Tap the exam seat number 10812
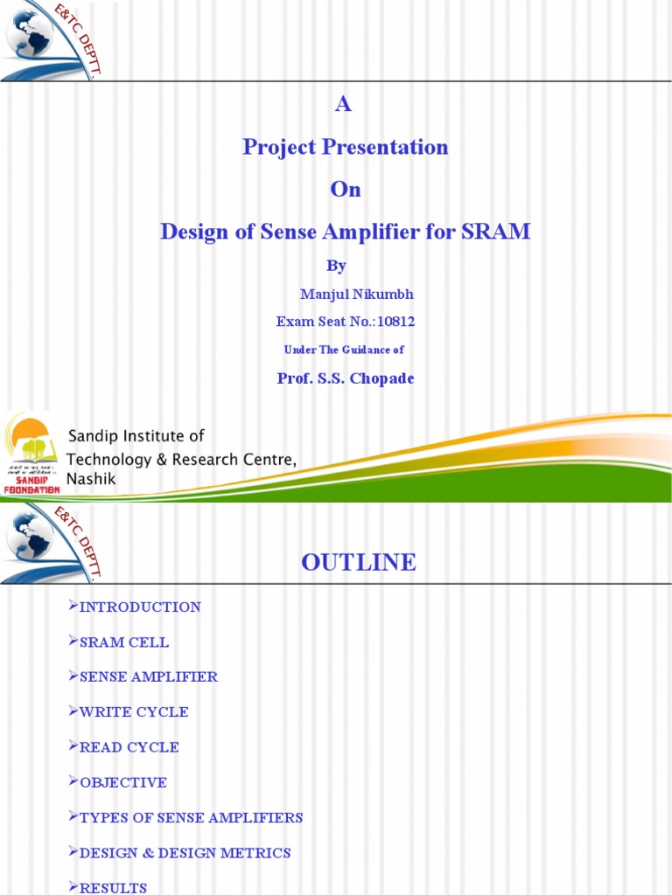click(x=396, y=322)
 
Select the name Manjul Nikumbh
click(x=356, y=295)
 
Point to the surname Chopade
click(x=381, y=378)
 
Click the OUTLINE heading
click(x=359, y=563)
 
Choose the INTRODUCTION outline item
click(x=140, y=607)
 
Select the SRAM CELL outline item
click(x=124, y=642)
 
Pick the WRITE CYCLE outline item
click(x=134, y=712)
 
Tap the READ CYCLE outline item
click(x=129, y=747)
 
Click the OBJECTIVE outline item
click(x=123, y=782)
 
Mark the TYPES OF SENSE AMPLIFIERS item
click(x=191, y=818)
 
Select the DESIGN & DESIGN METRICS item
click(x=185, y=853)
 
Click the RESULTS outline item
click(x=113, y=888)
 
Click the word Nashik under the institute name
click(x=91, y=479)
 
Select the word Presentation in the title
click(x=385, y=147)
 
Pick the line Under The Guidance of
click(x=344, y=350)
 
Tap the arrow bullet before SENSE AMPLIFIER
click(x=73, y=676)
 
